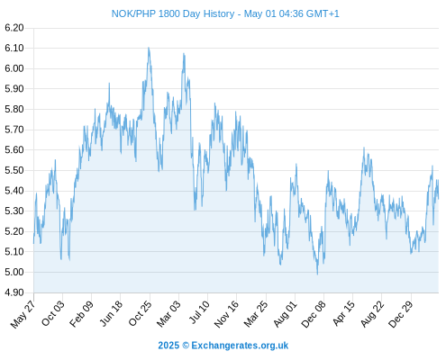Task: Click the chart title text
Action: point(225,13)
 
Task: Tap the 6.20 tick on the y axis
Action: point(14,28)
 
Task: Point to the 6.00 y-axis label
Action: point(14,68)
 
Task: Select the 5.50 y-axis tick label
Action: point(14,170)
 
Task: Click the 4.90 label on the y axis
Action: point(14,292)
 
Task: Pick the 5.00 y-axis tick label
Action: point(14,272)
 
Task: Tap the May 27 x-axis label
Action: point(23,314)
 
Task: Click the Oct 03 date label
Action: point(53,313)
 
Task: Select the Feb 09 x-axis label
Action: point(81,313)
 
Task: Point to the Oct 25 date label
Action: point(140,313)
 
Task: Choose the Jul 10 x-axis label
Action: point(199,312)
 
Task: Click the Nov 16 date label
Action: point(226,313)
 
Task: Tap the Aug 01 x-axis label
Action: point(286,313)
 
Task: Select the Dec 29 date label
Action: point(401,313)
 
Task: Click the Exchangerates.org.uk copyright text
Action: point(223,346)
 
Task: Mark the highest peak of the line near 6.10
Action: point(149,48)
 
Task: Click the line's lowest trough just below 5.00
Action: point(317,274)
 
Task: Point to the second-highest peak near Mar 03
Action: point(184,54)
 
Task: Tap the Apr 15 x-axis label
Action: point(344,313)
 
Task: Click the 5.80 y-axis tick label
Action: point(14,109)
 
